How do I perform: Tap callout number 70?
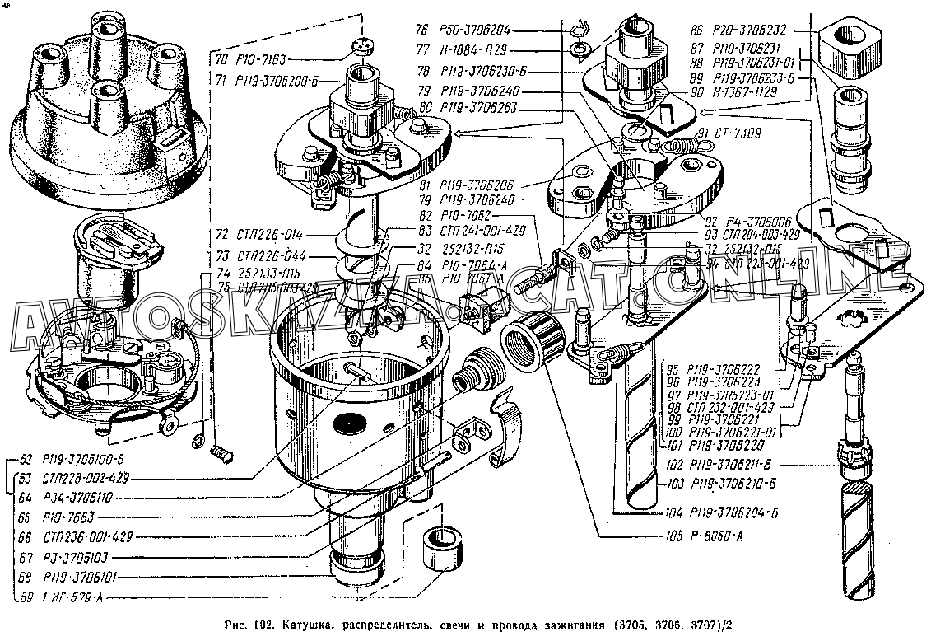221,59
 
